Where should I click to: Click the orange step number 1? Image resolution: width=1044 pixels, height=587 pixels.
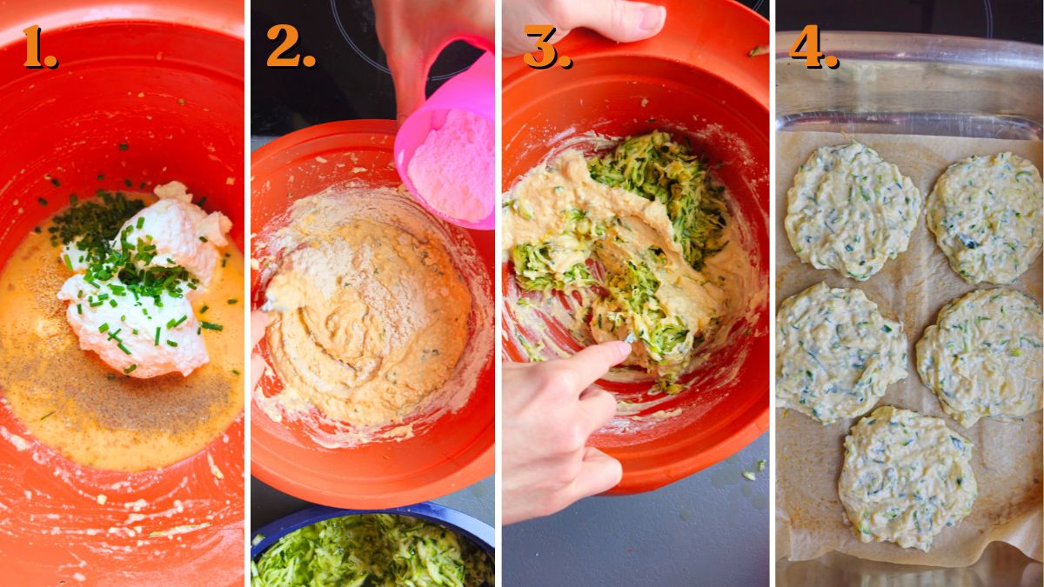click(x=38, y=47)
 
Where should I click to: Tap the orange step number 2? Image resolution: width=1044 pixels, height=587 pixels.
click(x=290, y=47)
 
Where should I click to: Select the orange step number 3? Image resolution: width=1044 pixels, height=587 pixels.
click(x=546, y=47)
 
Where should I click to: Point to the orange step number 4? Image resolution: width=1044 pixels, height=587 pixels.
click(x=813, y=47)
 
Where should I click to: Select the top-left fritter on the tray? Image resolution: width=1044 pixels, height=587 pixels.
click(x=851, y=210)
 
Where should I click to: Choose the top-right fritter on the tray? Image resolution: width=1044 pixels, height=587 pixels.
click(x=984, y=217)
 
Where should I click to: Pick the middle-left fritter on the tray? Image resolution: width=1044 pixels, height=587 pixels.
click(x=839, y=352)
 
